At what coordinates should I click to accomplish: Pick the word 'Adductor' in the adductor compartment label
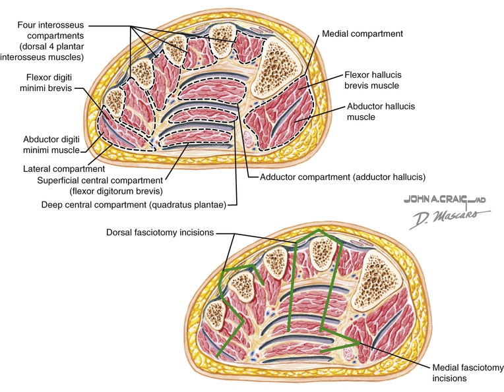(280, 177)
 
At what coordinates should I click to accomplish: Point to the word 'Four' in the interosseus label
(28, 24)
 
